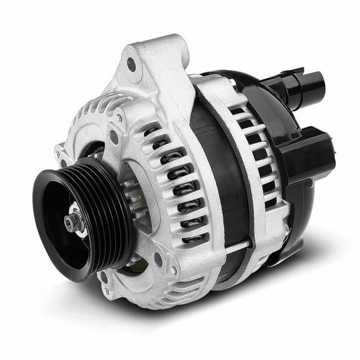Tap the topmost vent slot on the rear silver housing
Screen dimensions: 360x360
pyautogui.click(x=237, y=111)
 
